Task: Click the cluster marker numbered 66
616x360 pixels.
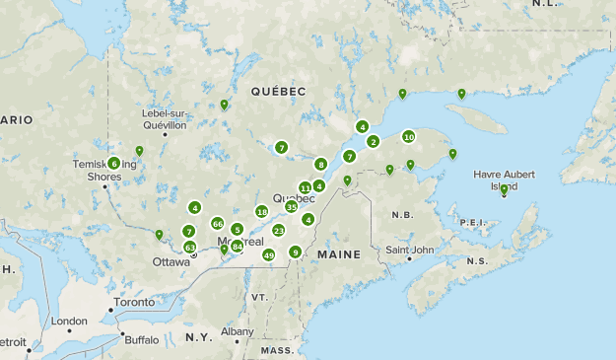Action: [217, 223]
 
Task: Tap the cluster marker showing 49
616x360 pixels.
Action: [269, 255]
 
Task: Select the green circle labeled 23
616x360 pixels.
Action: [279, 230]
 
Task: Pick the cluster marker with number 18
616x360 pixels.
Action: [261, 211]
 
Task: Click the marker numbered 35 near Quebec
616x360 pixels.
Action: [292, 207]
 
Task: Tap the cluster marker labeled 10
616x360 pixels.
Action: [408, 137]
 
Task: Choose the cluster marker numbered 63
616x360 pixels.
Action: [189, 247]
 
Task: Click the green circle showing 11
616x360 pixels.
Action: [306, 187]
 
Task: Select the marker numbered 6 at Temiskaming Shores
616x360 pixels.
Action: [114, 163]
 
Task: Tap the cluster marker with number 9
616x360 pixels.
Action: [295, 252]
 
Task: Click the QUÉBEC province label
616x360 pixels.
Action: [278, 91]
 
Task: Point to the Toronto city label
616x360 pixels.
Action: [133, 302]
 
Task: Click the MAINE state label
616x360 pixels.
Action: [338, 254]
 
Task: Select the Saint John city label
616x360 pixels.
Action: [409, 250]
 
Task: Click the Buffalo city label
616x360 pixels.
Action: [141, 339]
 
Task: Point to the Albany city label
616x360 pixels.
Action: [237, 331]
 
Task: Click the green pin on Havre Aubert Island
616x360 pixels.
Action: [504, 189]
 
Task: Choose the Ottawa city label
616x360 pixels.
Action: [171, 261]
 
